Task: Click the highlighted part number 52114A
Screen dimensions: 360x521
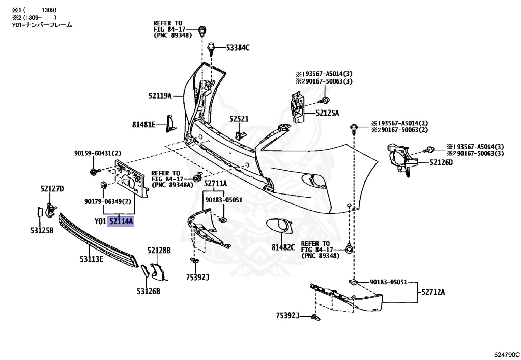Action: coord(121,221)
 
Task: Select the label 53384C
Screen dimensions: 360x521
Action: coord(238,48)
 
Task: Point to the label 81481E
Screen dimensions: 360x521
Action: coord(144,123)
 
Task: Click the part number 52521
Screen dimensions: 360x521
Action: coord(239,119)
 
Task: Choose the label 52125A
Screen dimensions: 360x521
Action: coord(327,113)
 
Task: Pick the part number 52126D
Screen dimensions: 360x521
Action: coord(441,163)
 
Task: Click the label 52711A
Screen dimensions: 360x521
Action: coord(216,184)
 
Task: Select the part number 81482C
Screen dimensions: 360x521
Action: coord(283,247)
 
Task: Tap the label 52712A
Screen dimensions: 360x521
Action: coord(433,292)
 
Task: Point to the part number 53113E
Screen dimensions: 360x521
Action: coord(91,259)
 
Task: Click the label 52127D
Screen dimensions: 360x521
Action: coord(52,189)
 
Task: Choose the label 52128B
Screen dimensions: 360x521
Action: coord(159,251)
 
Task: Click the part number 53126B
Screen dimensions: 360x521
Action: coord(148,291)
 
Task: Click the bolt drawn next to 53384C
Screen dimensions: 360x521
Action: coord(211,48)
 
